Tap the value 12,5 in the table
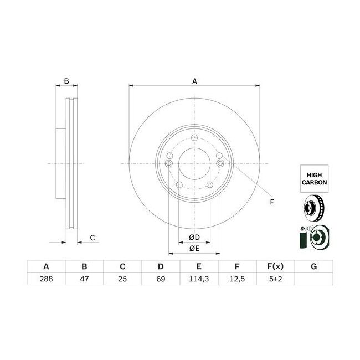pos(236,280)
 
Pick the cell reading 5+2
pos(275,280)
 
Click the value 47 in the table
pos(84,280)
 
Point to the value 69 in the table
pos(161,280)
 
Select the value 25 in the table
pos(122,280)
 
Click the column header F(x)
pos(275,266)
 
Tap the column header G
pos(313,266)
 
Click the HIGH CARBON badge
pos(314,177)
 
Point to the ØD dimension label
pos(194,238)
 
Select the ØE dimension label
pos(194,249)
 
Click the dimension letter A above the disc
pos(194,81)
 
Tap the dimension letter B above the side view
pos(66,81)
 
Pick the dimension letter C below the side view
pos(92,238)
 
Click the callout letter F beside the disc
pos(272,202)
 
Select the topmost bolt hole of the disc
pos(194,139)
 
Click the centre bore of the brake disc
pos(194,164)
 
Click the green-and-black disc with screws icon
pos(314,236)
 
